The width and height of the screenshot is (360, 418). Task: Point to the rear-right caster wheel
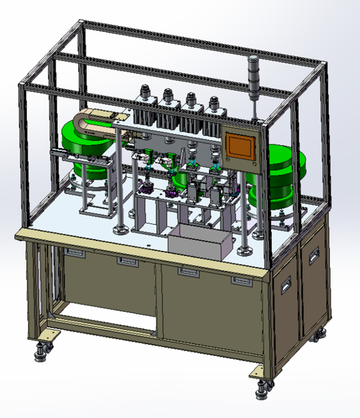pos(320,336)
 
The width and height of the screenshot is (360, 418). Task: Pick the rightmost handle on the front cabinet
pos(241,281)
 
